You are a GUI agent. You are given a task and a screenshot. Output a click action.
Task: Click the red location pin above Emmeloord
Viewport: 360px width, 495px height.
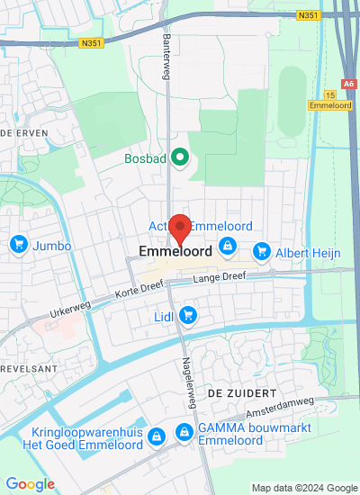tap(181, 228)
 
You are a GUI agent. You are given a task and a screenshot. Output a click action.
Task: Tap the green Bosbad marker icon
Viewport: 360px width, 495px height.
tap(180, 159)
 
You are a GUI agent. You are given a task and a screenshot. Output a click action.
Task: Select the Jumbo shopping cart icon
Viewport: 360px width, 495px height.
tap(18, 244)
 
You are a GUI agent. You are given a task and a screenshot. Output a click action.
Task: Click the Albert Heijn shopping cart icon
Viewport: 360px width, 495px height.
tap(262, 250)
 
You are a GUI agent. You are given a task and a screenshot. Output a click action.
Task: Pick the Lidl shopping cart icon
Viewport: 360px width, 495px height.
tap(187, 314)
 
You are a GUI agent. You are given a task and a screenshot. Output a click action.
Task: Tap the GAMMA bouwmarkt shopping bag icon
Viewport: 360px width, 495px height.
tap(184, 434)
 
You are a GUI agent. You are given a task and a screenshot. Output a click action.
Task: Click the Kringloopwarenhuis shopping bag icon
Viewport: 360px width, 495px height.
tap(157, 436)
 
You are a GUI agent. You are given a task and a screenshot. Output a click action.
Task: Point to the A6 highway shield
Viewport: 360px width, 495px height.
tap(349, 84)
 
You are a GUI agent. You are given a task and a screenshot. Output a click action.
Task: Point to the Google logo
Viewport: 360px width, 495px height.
tap(29, 484)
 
